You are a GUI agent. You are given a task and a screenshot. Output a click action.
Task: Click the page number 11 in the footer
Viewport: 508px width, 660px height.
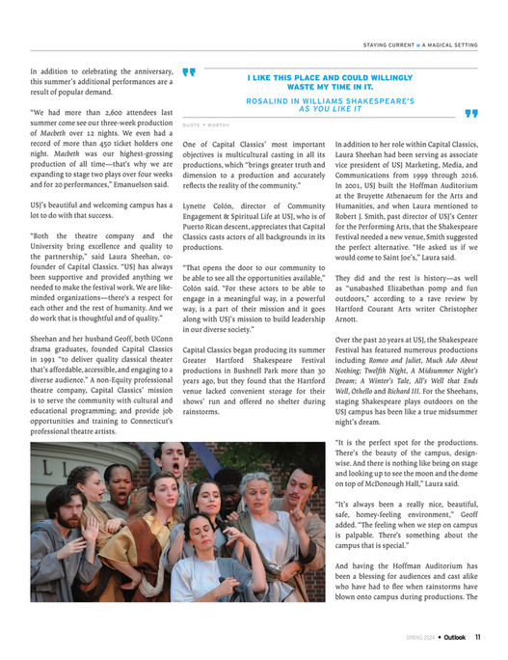[x=478, y=637]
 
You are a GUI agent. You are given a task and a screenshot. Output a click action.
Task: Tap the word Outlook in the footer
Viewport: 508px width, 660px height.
[x=454, y=637]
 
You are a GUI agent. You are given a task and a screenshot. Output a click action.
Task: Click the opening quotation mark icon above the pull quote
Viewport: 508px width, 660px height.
[x=189, y=71]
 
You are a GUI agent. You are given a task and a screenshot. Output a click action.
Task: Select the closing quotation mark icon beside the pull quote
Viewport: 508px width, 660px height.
[x=470, y=113]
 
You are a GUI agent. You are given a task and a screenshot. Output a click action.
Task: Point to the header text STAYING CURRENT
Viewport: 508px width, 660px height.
[x=394, y=44]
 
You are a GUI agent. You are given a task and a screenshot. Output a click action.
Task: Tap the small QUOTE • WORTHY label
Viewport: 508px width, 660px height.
[x=205, y=124]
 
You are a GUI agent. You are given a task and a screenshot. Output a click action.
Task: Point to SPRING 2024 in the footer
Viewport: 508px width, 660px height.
[x=420, y=637]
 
